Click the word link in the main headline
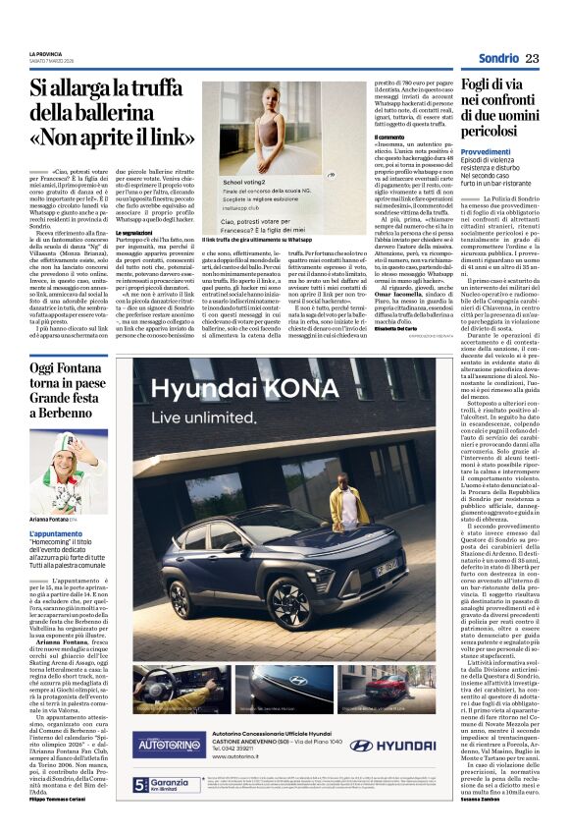click(169, 137)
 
